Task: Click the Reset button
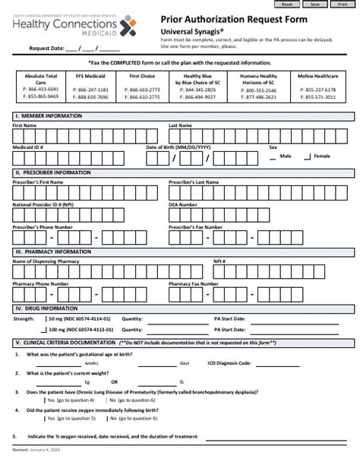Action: pos(286,4)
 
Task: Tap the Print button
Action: pos(343,4)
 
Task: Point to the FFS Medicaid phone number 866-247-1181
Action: pos(90,90)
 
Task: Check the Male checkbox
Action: pos(274,157)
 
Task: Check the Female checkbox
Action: pos(308,157)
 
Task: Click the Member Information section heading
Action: pos(49,115)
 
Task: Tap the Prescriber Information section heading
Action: pos(54,172)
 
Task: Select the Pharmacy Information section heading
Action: pos(55,251)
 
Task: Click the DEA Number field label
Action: pos(183,204)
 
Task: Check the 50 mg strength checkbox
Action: pos(43,319)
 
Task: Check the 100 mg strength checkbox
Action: pos(43,331)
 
